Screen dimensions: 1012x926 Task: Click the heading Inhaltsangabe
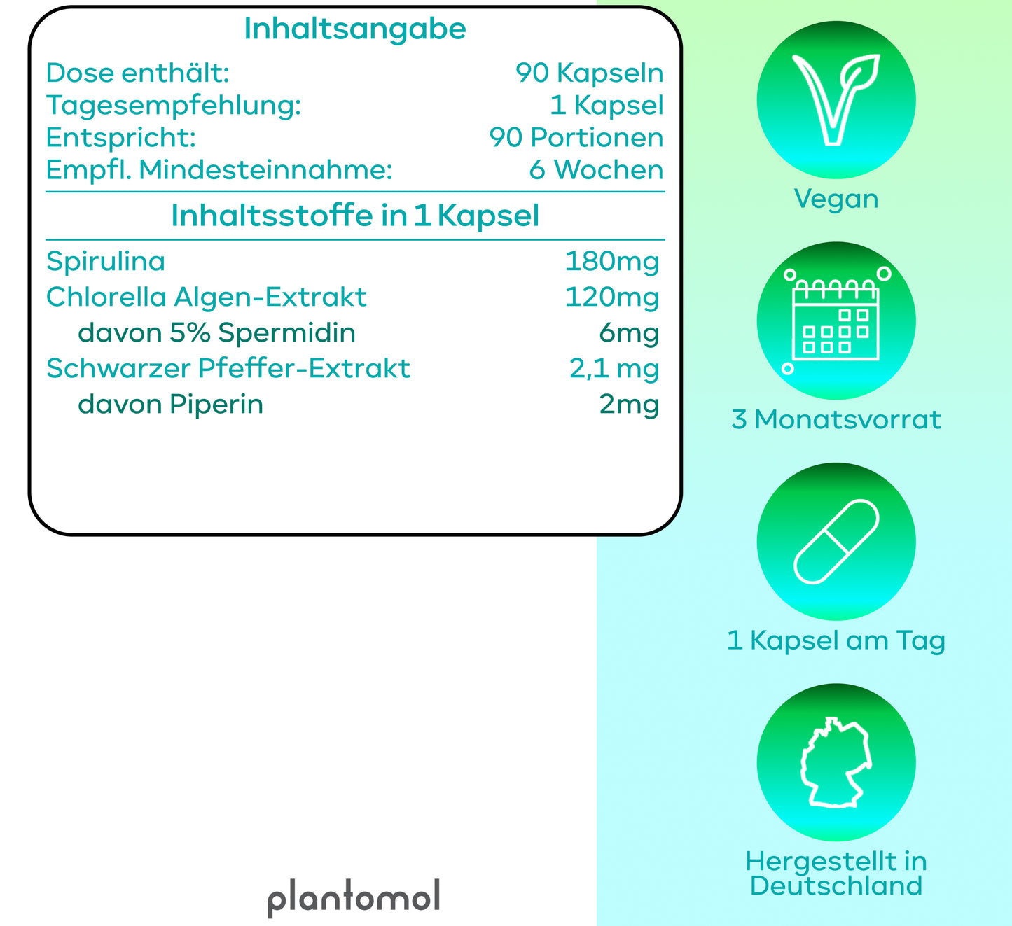pos(354,29)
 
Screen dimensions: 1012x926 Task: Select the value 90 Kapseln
pos(589,73)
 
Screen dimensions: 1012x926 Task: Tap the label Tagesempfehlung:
pos(174,106)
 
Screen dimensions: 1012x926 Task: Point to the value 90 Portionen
pos(576,138)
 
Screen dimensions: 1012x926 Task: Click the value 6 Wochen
pos(596,170)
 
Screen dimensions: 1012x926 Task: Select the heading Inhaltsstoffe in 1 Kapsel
pos(355,216)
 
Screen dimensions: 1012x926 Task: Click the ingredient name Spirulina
pos(106,262)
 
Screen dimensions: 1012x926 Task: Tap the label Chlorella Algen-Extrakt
pos(207,297)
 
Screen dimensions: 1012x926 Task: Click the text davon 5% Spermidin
pos(217,333)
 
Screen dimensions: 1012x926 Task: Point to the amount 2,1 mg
pos(614,369)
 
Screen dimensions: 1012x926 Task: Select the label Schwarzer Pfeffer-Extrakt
pos(228,368)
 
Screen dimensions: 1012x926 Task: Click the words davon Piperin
pos(170,405)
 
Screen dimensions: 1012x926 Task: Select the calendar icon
pos(836,321)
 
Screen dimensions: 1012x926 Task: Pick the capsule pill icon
pos(836,542)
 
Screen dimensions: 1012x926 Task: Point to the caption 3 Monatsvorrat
pos(836,420)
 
